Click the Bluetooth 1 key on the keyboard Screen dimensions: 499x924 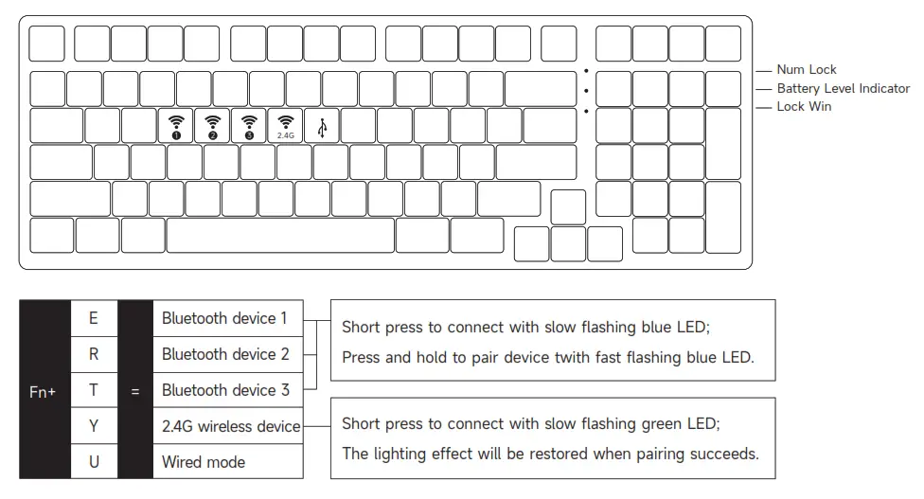(x=176, y=126)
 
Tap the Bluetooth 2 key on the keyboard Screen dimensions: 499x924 (x=212, y=126)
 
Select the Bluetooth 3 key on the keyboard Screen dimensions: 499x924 (x=249, y=126)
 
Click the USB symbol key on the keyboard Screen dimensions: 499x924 (x=322, y=126)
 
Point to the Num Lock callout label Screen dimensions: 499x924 (x=807, y=70)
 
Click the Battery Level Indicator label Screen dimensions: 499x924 (x=843, y=88)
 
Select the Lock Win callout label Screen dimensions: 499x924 (x=804, y=107)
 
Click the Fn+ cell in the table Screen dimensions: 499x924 (x=43, y=390)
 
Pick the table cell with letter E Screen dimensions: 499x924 (x=94, y=318)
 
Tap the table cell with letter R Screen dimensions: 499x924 (x=94, y=354)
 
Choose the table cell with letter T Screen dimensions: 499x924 (x=94, y=390)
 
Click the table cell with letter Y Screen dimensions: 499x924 (x=94, y=426)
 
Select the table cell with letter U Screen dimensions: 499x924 (x=94, y=462)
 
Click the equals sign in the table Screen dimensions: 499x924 (x=135, y=390)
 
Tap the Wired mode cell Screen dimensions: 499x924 (x=204, y=462)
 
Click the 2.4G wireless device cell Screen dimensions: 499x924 (x=230, y=426)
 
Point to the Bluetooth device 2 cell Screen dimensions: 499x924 (x=225, y=354)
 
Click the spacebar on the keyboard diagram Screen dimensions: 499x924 (x=280, y=236)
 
